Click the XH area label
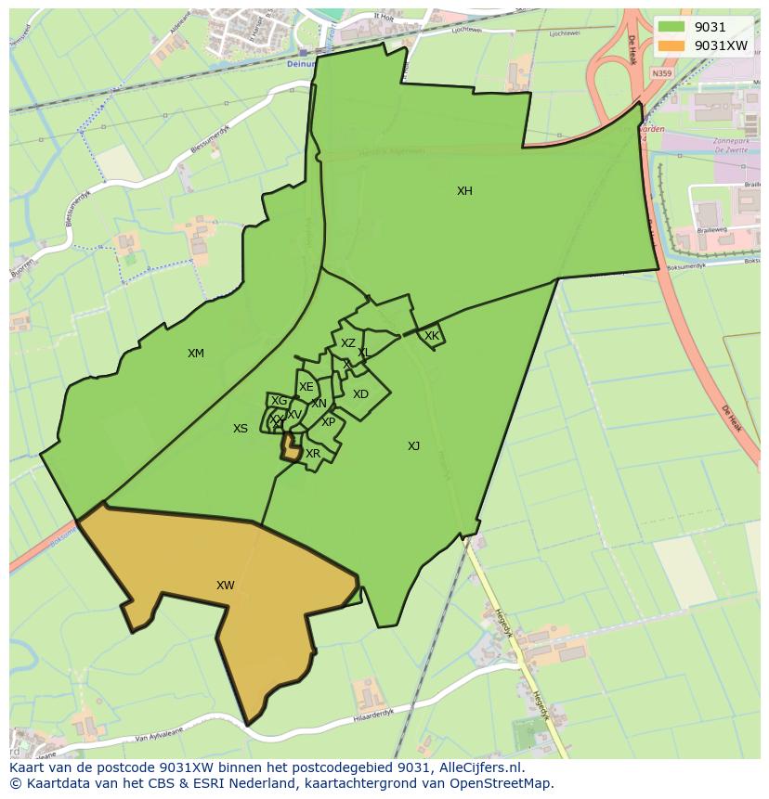tap(464, 191)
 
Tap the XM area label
tap(195, 354)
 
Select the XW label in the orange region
tap(225, 586)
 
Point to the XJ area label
tap(413, 446)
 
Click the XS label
tap(241, 429)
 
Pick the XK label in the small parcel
tap(432, 336)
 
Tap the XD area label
tap(360, 394)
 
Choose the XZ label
tap(347, 343)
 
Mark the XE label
tap(306, 387)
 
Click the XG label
tap(279, 401)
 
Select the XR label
tap(313, 454)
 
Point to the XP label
tap(328, 422)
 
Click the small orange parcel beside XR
tap(291, 451)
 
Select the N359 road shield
tap(661, 73)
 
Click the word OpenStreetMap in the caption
tap(502, 783)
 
